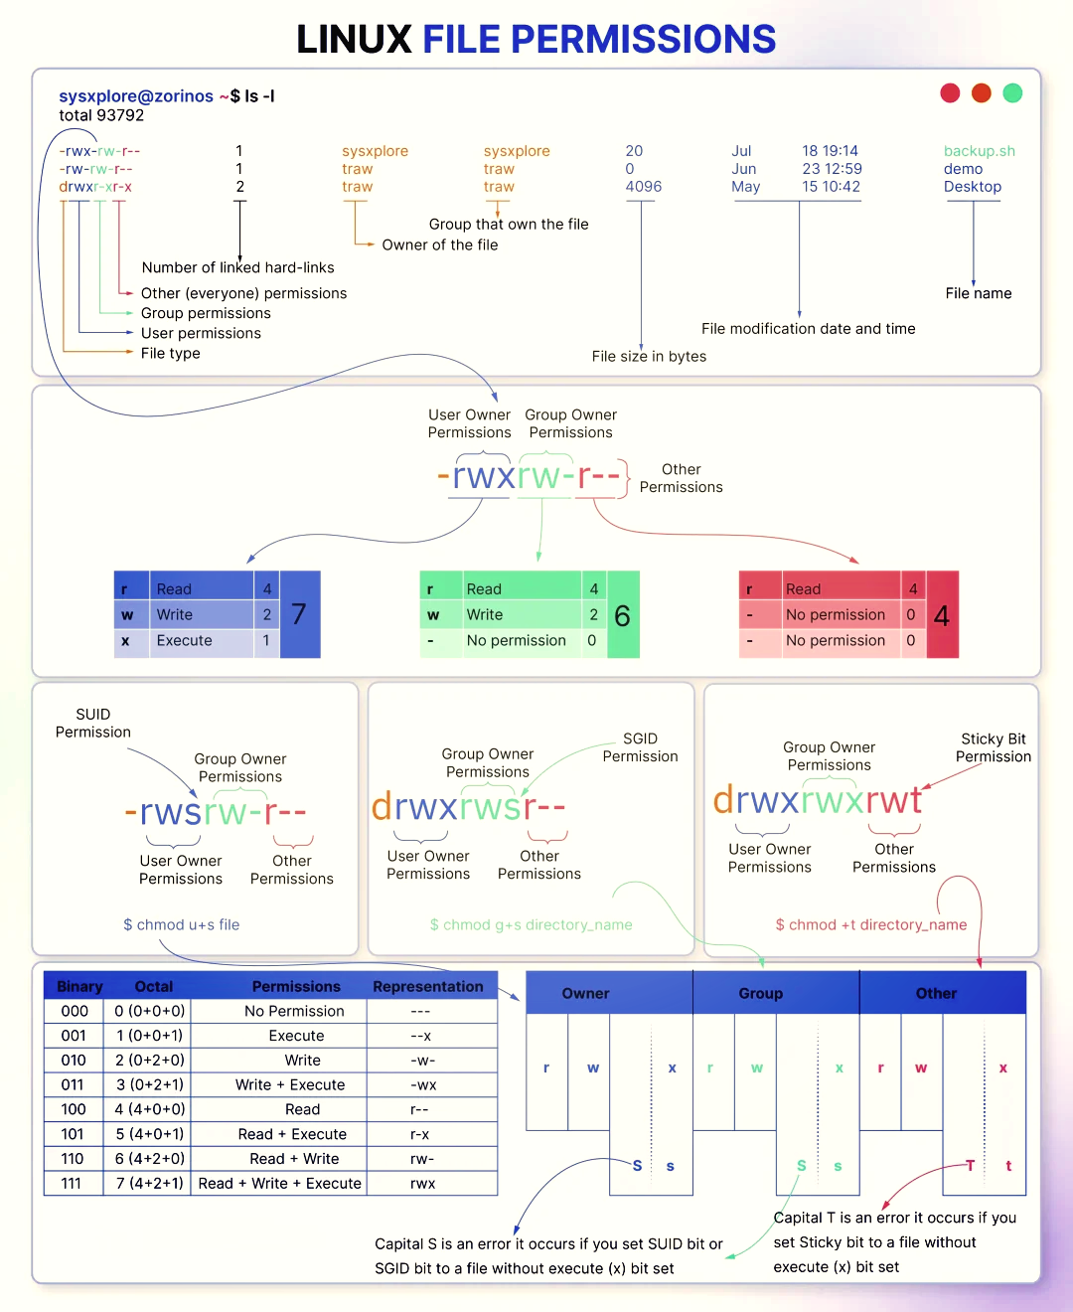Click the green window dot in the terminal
click(1012, 93)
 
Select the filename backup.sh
click(979, 151)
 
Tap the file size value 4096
click(643, 187)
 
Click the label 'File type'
click(171, 353)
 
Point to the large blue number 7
click(299, 614)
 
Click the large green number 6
click(622, 616)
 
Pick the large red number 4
click(941, 616)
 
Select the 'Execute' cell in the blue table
click(184, 640)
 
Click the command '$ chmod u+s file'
click(181, 924)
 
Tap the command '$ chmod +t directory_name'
click(871, 924)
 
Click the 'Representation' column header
click(428, 986)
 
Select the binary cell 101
click(73, 1133)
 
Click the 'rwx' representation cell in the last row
click(423, 1183)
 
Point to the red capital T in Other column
click(970, 1165)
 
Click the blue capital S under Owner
click(637, 1165)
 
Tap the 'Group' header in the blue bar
click(760, 993)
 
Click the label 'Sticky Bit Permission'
click(994, 747)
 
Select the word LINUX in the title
click(354, 39)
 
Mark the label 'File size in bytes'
click(649, 356)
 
